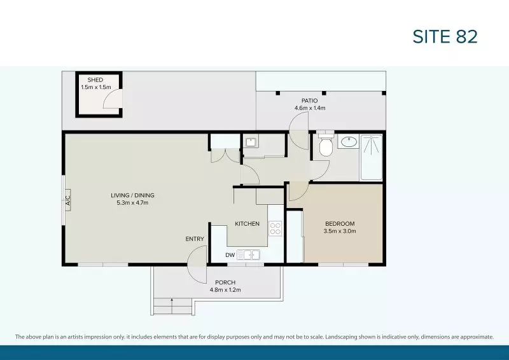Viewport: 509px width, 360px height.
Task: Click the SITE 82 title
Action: tap(445, 36)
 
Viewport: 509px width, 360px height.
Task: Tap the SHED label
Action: tap(95, 80)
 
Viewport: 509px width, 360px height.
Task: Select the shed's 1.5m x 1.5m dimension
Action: tap(95, 87)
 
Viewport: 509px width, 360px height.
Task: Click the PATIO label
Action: tap(310, 100)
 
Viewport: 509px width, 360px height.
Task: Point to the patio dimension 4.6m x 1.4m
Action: tap(310, 108)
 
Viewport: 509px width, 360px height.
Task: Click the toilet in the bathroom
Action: tap(325, 146)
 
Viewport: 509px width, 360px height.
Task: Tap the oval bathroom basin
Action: tap(348, 142)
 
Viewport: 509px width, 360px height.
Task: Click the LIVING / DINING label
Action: tap(132, 195)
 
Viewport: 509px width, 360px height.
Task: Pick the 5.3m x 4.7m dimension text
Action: tap(132, 203)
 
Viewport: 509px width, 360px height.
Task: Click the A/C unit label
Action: tap(67, 202)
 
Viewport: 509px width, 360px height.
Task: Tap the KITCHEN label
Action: tap(247, 224)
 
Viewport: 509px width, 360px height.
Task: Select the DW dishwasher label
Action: tap(230, 255)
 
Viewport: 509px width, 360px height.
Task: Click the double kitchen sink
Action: tap(249, 255)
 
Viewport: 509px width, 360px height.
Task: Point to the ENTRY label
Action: tap(195, 239)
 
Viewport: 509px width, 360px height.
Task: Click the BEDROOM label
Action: tap(340, 224)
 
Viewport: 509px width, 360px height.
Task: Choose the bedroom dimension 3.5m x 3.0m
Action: tap(340, 232)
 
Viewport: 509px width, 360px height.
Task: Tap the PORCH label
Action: tap(225, 282)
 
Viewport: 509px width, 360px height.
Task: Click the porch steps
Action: tap(172, 307)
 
